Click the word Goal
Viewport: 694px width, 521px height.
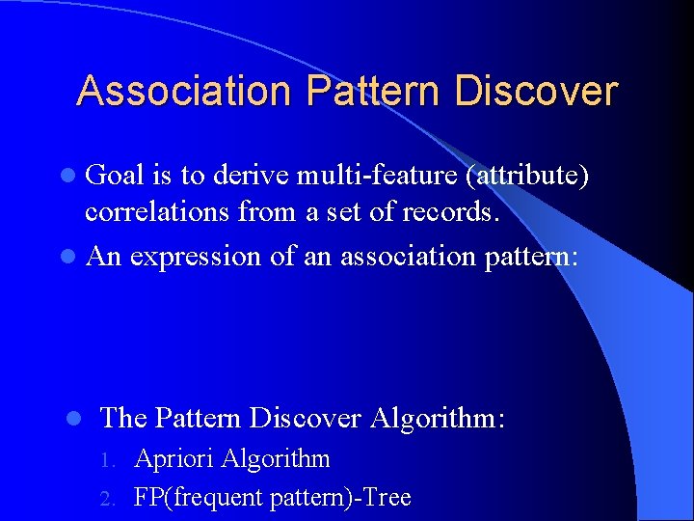115,175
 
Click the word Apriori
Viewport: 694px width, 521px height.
174,458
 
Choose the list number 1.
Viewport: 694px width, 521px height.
110,460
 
